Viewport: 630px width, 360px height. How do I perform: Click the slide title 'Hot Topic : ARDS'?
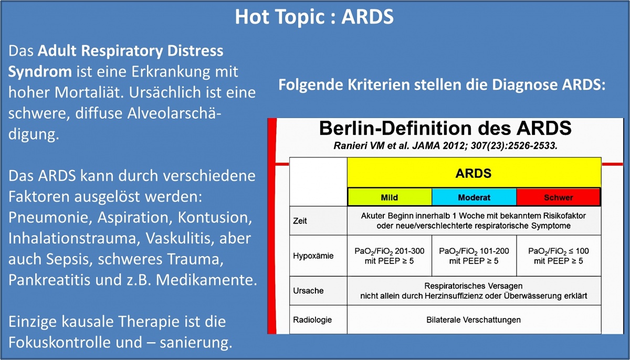pyautogui.click(x=314, y=17)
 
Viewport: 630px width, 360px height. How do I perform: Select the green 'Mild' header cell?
pyautogui.click(x=390, y=197)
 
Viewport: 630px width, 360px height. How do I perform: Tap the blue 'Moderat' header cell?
pyautogui.click(x=474, y=197)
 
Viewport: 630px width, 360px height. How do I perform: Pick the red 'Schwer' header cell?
pyautogui.click(x=558, y=197)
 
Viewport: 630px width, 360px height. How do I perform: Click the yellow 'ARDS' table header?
pyautogui.click(x=474, y=173)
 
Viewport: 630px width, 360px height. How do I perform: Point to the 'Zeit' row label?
pyautogui.click(x=300, y=221)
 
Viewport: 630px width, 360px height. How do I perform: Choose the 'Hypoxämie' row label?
pyautogui.click(x=313, y=256)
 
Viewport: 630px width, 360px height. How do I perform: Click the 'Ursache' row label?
pyautogui.click(x=308, y=291)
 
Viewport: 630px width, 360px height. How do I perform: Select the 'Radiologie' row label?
pyautogui.click(x=312, y=320)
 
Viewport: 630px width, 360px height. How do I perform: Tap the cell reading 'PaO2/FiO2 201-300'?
pyautogui.click(x=389, y=256)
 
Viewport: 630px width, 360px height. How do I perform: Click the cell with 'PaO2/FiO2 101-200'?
pyautogui.click(x=474, y=256)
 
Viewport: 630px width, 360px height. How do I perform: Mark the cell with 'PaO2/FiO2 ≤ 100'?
pyautogui.click(x=559, y=256)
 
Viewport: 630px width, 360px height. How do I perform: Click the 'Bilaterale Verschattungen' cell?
pyautogui.click(x=474, y=320)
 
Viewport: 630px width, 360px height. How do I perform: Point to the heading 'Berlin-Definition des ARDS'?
pyautogui.click(x=445, y=128)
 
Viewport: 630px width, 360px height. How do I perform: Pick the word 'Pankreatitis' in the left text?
pyautogui.click(x=49, y=280)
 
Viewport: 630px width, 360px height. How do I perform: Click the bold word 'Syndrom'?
pyautogui.click(x=40, y=72)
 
